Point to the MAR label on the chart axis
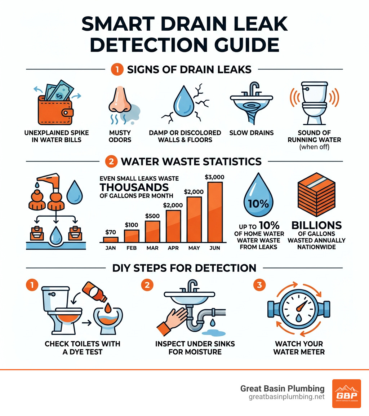click(152, 248)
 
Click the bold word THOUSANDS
click(134, 187)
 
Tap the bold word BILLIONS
click(316, 225)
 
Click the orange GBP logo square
click(346, 393)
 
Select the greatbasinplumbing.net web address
click(286, 397)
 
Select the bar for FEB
click(131, 236)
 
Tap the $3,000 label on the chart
click(214, 177)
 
